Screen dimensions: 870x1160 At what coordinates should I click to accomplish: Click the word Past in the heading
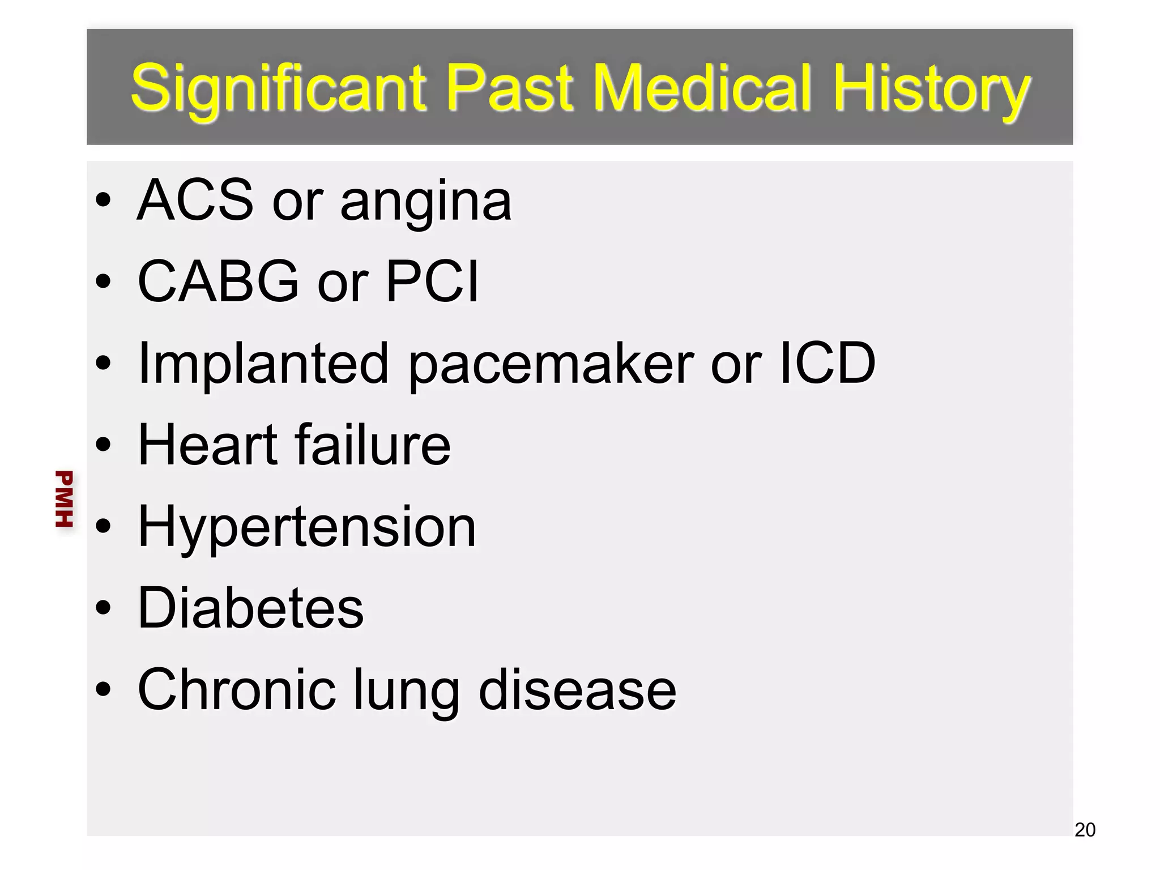tap(510, 87)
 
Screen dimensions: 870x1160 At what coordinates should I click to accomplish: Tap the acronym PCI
tap(432, 281)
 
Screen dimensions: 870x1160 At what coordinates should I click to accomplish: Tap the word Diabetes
tap(250, 608)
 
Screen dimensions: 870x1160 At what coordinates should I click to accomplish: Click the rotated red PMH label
tap(64, 498)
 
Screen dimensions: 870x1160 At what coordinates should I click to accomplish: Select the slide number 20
tap(1085, 830)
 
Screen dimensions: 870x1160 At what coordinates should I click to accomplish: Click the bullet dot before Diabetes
tap(104, 608)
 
